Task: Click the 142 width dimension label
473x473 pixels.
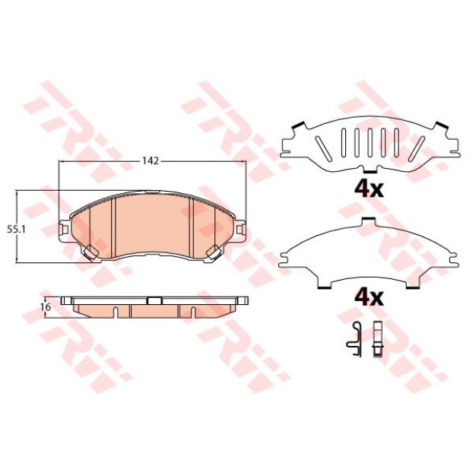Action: click(151, 161)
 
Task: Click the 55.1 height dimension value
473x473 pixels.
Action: click(17, 230)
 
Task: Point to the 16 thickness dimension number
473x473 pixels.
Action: click(46, 307)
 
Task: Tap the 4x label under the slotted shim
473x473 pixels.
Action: click(370, 189)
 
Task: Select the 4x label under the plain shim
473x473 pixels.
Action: click(370, 298)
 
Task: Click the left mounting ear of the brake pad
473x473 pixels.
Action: click(64, 230)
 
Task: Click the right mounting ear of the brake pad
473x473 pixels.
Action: click(241, 230)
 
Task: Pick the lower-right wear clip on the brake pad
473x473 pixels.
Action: click(214, 252)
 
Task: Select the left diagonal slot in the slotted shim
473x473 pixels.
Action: click(322, 148)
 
